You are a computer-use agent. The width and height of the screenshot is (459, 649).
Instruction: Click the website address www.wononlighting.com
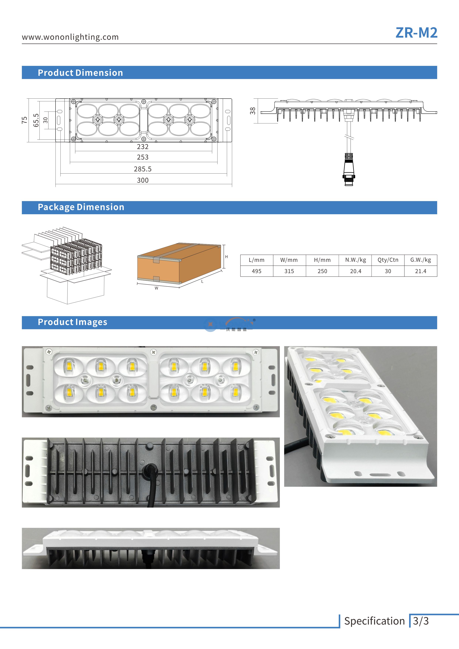pyautogui.click(x=70, y=37)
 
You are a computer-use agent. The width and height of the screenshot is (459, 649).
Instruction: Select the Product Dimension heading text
pyautogui.click(x=80, y=73)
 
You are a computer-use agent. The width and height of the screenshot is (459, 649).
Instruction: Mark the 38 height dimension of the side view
pyautogui.click(x=253, y=111)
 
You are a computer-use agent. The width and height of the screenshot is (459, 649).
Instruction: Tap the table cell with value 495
pyautogui.click(x=257, y=271)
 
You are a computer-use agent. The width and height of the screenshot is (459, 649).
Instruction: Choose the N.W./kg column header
pyautogui.click(x=356, y=260)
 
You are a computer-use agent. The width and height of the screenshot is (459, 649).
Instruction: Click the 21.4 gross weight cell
pyautogui.click(x=421, y=271)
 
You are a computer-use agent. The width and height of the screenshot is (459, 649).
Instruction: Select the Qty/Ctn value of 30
pyautogui.click(x=388, y=271)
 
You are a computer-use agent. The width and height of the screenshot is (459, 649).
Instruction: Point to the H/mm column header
pyautogui.click(x=322, y=260)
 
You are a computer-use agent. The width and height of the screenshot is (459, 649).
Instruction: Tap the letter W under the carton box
pyautogui.click(x=156, y=288)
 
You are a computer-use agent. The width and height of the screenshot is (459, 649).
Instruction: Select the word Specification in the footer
pyautogui.click(x=374, y=621)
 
